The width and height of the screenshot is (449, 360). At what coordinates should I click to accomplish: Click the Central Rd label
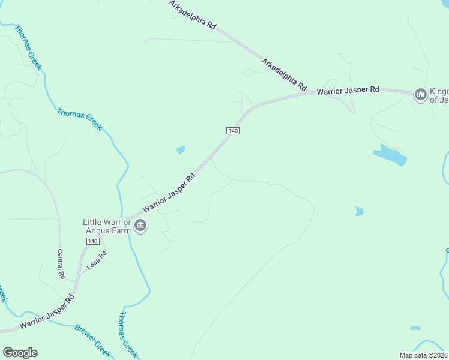(61, 264)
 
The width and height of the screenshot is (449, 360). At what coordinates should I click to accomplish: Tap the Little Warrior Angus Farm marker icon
(140, 226)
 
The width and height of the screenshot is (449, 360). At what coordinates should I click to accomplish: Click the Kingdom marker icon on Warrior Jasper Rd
(420, 94)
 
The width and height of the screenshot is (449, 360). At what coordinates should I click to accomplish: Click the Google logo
(20, 353)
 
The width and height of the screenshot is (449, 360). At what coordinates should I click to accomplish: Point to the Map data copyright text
(424, 355)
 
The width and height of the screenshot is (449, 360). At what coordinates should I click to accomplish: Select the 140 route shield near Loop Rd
(92, 241)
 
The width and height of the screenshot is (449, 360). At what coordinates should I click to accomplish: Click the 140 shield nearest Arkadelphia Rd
(234, 131)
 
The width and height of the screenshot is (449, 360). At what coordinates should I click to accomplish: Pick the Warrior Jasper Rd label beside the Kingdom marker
(348, 91)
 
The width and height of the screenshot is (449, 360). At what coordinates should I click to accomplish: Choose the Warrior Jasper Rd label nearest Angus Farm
(170, 193)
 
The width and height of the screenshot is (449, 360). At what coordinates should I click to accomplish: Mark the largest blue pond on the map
(390, 155)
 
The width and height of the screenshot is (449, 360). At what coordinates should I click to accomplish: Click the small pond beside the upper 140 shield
(181, 149)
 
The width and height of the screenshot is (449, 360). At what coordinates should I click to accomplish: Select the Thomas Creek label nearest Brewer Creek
(128, 333)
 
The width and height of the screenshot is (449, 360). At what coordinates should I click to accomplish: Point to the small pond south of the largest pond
(359, 211)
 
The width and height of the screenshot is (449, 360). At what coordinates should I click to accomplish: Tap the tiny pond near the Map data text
(415, 328)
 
